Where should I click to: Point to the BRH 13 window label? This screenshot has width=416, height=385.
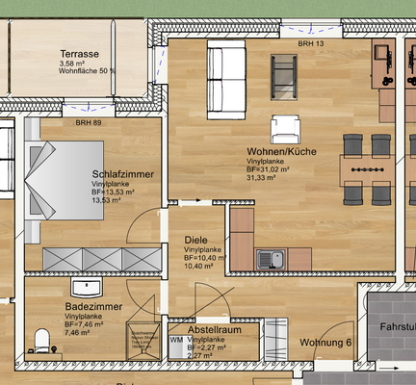click(x=312, y=44)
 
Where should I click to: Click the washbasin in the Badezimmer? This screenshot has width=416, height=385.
click(x=91, y=288)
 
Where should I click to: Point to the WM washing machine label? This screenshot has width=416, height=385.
click(x=176, y=341)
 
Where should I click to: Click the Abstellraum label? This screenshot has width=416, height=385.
click(x=214, y=329)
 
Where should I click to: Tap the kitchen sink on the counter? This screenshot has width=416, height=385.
click(x=267, y=258)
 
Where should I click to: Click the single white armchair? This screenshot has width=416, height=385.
click(x=286, y=128)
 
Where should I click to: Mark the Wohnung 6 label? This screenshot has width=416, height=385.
click(x=325, y=343)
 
